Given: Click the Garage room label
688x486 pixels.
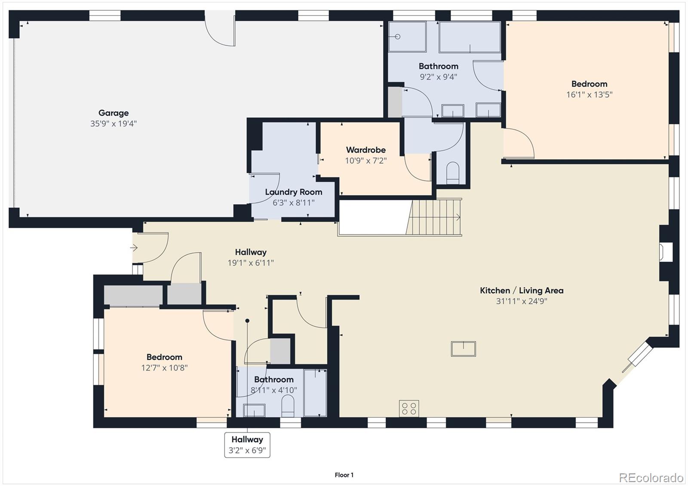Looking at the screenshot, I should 114,113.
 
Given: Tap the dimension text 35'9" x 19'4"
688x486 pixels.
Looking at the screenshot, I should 114,124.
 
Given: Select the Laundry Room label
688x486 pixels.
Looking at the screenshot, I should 294,192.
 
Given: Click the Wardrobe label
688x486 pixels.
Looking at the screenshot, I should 366,150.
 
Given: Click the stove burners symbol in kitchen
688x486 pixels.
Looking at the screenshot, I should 409,408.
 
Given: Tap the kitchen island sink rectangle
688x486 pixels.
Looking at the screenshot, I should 463,348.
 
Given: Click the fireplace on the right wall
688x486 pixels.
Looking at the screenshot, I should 666,252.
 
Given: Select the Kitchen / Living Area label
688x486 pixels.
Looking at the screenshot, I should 522,290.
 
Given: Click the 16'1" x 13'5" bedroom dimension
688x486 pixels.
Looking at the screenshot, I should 589,95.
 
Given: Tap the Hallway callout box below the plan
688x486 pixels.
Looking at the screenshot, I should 247,445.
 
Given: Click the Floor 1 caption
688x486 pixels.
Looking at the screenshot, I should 344,475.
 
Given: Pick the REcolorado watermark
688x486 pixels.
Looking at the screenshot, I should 651,478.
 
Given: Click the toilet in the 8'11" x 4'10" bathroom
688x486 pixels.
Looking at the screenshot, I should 288,406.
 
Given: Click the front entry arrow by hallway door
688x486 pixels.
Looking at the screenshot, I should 134,248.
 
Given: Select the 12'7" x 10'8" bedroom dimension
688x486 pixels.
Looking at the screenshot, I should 164,368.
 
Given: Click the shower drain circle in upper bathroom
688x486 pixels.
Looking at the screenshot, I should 397,37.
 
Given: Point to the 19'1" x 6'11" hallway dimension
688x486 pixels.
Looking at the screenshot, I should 251,263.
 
